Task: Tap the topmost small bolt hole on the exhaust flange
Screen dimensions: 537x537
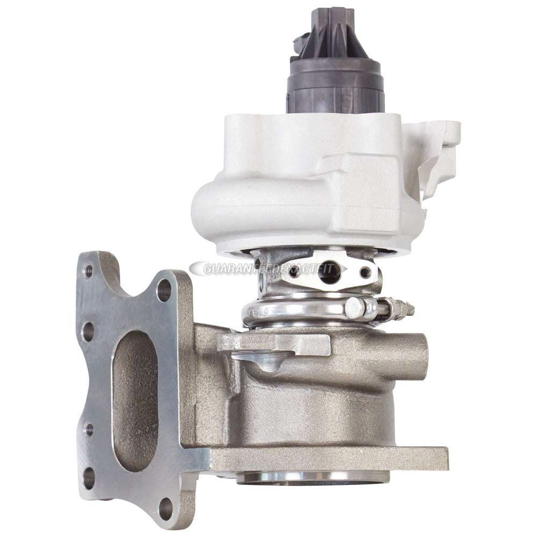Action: click(89, 271)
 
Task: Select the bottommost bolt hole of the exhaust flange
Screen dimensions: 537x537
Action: click(166, 508)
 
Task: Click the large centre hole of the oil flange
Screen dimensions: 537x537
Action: click(329, 274)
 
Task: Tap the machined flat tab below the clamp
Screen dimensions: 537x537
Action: click(279, 344)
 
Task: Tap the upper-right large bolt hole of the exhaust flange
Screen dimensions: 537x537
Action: click(164, 289)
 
